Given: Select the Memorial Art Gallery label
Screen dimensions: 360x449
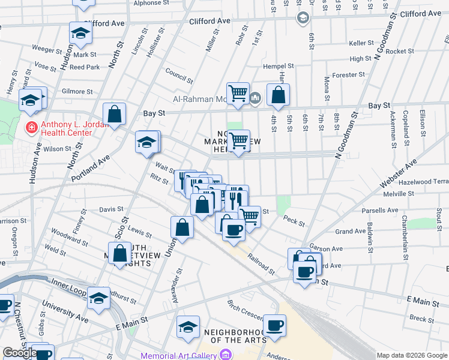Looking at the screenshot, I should click(x=178, y=356).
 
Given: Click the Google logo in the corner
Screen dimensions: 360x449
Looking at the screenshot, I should click(x=20, y=353).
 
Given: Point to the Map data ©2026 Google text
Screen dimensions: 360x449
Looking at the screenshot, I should click(x=412, y=355).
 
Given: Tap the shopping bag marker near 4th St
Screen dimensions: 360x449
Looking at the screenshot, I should click(x=278, y=95).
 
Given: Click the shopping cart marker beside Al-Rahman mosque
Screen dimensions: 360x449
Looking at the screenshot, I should click(x=238, y=94).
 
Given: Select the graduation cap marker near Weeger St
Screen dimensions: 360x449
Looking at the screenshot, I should click(x=80, y=34).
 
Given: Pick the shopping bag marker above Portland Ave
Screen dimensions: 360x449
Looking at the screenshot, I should click(x=114, y=115).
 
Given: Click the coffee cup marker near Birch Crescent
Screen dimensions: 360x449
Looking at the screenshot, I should click(x=274, y=326).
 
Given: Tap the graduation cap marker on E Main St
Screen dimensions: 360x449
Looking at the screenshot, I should click(x=188, y=328).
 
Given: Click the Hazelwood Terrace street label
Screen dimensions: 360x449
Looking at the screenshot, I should click(x=423, y=181).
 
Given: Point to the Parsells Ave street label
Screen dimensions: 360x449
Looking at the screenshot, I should click(x=380, y=211).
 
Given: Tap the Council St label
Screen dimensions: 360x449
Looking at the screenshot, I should click(x=179, y=77).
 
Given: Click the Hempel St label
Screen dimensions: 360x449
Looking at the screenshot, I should click(x=278, y=66).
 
